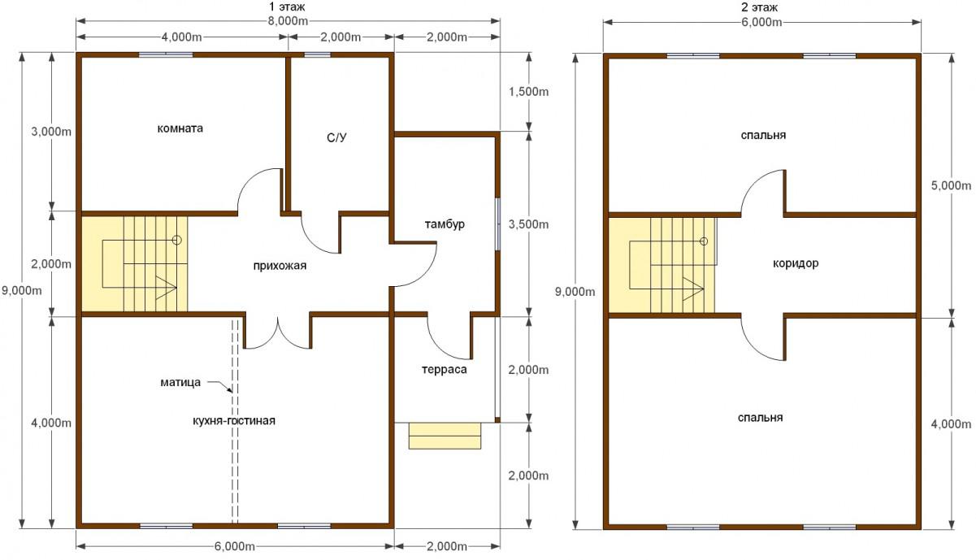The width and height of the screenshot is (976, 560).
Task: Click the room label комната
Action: coord(180,128)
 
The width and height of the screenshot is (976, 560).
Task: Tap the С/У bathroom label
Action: coord(336,138)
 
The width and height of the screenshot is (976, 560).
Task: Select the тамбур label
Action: coord(445,224)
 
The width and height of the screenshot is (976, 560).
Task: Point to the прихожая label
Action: coord(280,266)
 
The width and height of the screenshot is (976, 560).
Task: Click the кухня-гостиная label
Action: coord(234,421)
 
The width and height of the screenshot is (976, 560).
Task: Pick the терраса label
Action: coord(444,370)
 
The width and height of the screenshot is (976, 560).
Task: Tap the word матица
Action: coord(180,383)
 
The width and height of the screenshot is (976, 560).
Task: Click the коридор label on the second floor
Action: coord(796,263)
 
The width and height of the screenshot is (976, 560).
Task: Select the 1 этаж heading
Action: coord(287,7)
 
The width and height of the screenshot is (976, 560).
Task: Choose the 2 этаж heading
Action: coord(760,7)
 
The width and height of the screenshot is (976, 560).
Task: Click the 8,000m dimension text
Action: coord(288,21)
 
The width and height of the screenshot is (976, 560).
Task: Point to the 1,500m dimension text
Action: coord(528,92)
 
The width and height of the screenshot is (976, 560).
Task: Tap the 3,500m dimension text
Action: coord(528,225)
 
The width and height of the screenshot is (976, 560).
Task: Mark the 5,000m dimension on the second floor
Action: coord(951,185)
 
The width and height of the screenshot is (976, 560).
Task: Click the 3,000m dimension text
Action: coord(51,131)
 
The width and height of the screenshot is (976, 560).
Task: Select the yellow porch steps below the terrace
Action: coord(445,436)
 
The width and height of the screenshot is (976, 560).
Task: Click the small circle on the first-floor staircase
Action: coord(176,240)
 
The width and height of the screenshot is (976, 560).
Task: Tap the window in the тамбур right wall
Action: coord(497,224)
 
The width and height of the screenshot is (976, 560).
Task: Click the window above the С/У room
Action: coord(317,55)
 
